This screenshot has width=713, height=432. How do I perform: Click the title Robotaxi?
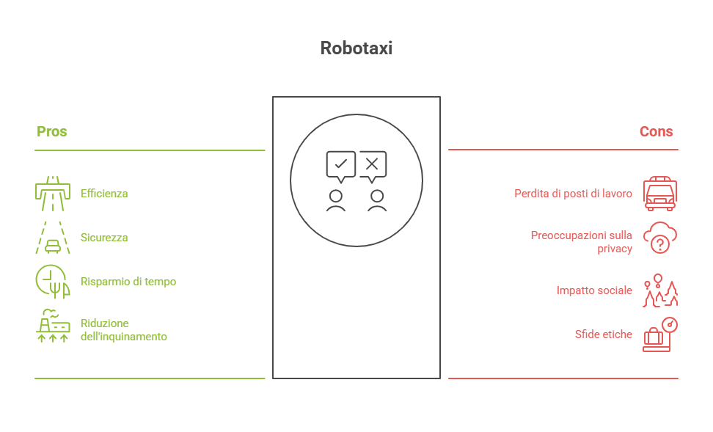click(356, 48)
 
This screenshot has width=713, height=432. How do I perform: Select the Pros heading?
click(52, 132)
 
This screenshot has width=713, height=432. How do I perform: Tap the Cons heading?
click(656, 132)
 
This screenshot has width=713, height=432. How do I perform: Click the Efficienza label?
click(104, 194)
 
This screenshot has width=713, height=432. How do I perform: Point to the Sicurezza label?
click(104, 238)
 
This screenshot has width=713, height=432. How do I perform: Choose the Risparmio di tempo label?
click(128, 282)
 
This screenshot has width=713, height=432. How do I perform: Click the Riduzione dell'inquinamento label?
click(123, 330)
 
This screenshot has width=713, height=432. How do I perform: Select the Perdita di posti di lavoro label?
click(573, 194)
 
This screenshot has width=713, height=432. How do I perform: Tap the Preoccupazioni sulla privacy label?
click(581, 242)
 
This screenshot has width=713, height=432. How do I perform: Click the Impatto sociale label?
click(594, 290)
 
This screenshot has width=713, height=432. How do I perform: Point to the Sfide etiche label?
click(603, 334)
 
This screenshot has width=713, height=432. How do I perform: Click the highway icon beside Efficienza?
click(53, 193)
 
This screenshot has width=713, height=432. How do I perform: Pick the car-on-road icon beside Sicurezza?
click(53, 238)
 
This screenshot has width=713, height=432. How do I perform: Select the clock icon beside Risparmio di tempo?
click(52, 282)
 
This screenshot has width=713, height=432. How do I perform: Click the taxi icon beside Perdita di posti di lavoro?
click(660, 194)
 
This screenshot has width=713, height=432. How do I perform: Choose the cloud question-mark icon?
click(660, 238)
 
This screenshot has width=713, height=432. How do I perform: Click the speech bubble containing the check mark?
click(340, 164)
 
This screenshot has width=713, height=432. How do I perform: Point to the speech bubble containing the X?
click(372, 164)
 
